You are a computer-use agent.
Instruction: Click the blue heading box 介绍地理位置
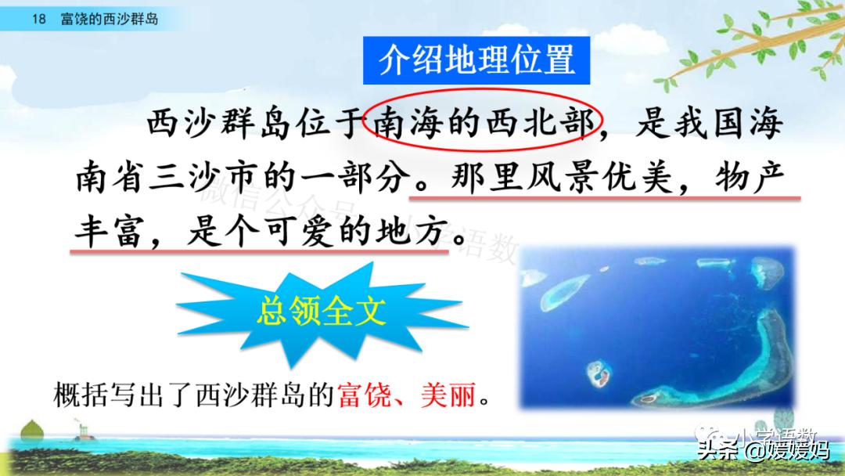[x=476, y=59]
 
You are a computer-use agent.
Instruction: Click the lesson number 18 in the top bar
[x=39, y=19]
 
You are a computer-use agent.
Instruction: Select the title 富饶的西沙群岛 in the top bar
[x=109, y=19]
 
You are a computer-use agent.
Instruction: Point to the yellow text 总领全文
[x=321, y=311]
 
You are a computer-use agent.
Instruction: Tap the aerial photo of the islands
[x=657, y=328]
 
